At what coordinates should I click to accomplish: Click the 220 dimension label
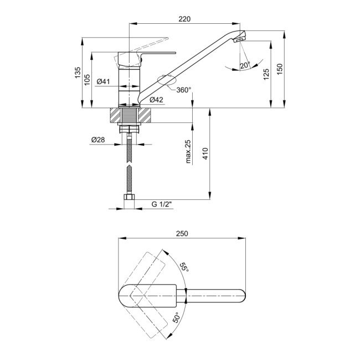click(x=184, y=19)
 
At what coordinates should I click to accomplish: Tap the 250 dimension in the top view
click(x=182, y=234)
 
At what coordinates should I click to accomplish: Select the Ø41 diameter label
click(x=104, y=81)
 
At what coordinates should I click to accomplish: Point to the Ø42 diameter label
click(x=156, y=100)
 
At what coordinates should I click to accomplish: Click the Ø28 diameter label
click(x=98, y=140)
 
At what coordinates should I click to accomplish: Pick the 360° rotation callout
click(x=184, y=90)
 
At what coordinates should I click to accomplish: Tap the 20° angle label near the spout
click(x=245, y=65)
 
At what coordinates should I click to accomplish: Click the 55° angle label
click(x=184, y=268)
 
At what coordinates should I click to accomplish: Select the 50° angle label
click(x=176, y=317)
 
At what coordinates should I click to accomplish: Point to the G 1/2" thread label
click(x=162, y=204)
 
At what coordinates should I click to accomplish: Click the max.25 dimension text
click(x=188, y=152)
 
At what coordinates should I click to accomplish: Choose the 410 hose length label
click(x=205, y=153)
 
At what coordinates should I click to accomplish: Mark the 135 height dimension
click(x=78, y=73)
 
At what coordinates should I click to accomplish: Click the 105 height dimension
click(x=88, y=80)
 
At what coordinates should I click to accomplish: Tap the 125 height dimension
click(x=266, y=74)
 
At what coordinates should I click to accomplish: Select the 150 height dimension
click(x=280, y=69)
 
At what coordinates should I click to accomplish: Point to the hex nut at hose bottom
click(x=129, y=197)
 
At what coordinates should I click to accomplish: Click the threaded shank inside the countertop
click(x=129, y=115)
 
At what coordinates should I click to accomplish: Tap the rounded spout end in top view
click(x=241, y=296)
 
